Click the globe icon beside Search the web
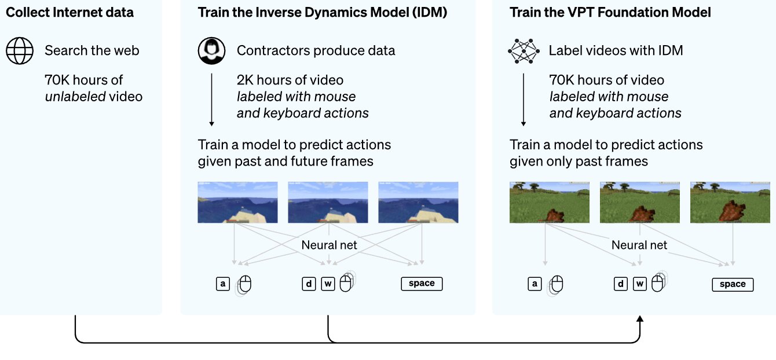(20, 50)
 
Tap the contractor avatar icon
(211, 50)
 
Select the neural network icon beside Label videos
(524, 50)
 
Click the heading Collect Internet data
(69, 12)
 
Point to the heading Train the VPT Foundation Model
(610, 12)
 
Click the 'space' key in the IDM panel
(422, 284)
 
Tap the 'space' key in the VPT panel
(733, 284)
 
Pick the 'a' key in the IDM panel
(223, 284)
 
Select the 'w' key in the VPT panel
(639, 284)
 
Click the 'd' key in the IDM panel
(309, 284)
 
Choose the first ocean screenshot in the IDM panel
(237, 203)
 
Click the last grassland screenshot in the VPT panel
(730, 203)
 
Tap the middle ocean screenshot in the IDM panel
(328, 203)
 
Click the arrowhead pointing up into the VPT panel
(640, 319)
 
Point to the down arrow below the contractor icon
(211, 98)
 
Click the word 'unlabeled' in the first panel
(75, 97)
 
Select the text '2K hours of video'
(290, 80)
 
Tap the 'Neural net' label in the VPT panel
(639, 245)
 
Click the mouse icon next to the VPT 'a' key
(556, 284)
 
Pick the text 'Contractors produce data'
(316, 50)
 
